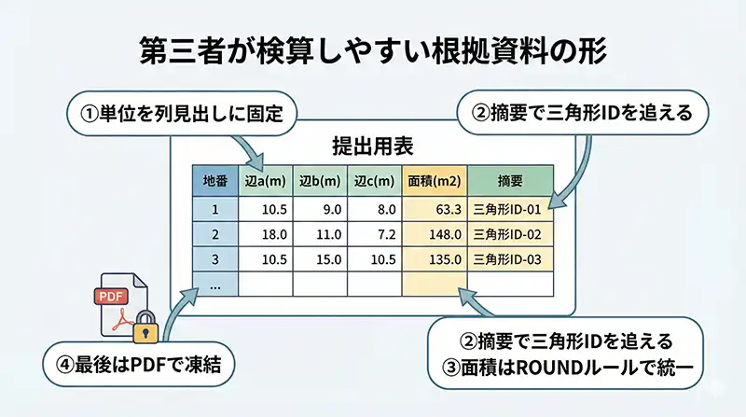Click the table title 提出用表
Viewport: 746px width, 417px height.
coord(373,146)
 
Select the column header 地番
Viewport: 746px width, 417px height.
coord(214,179)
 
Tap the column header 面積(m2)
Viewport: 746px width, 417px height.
coord(434,179)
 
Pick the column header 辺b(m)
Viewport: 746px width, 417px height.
coord(319,179)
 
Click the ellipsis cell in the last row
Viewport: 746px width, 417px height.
coord(214,284)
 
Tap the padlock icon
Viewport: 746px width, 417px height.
coord(144,328)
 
